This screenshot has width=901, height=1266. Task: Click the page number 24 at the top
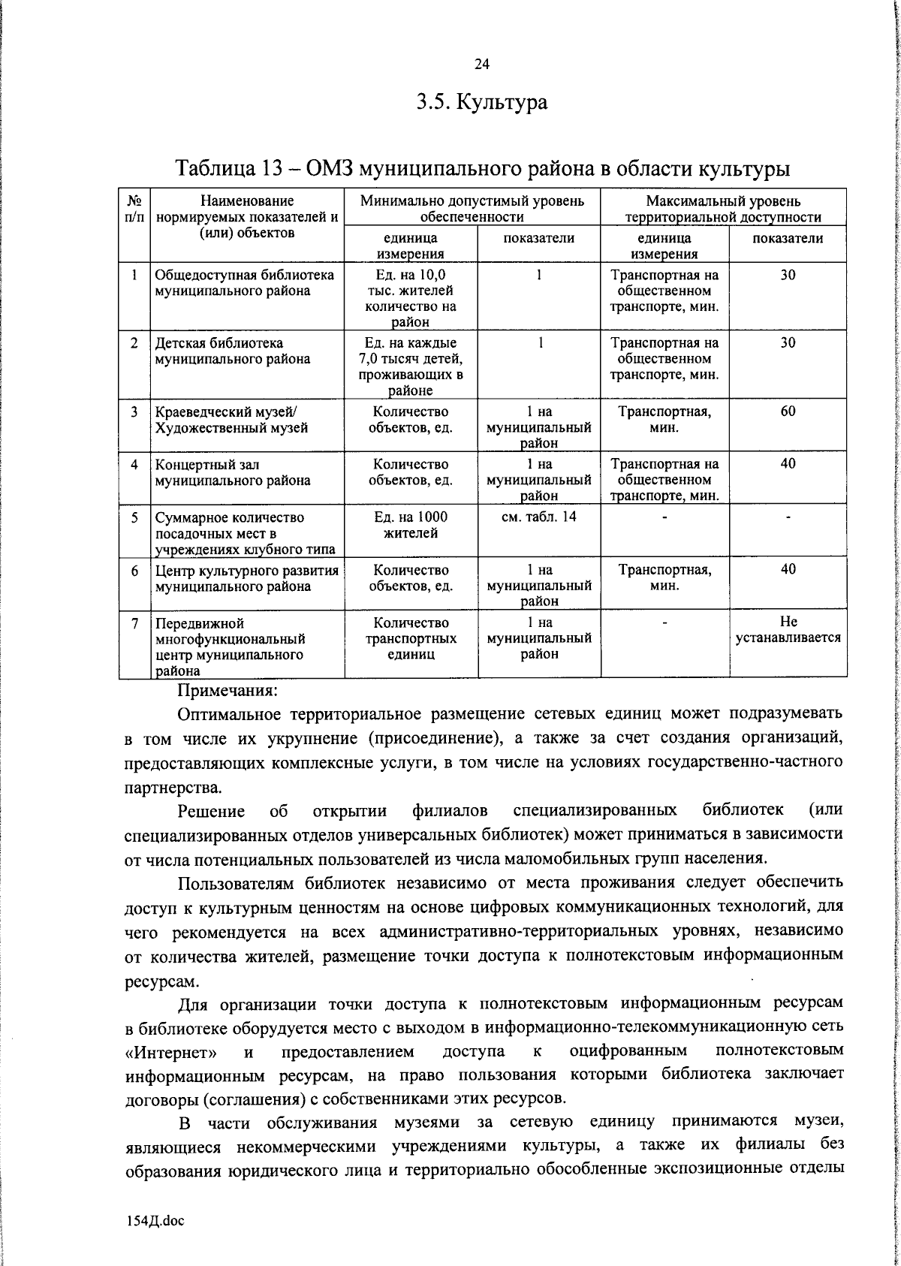click(482, 65)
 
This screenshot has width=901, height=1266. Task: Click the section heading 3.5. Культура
click(482, 101)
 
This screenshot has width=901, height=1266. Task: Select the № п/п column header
click(135, 209)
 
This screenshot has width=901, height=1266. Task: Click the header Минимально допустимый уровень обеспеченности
click(472, 209)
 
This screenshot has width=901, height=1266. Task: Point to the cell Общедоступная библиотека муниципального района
click(244, 283)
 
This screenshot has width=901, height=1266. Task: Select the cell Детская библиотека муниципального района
click(233, 351)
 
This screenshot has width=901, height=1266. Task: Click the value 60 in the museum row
click(788, 411)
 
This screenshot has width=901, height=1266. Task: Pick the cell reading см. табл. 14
click(538, 517)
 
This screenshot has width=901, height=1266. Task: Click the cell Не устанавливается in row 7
click(788, 630)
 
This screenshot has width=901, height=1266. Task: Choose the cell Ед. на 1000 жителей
click(411, 525)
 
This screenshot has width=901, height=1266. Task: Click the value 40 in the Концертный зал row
click(788, 463)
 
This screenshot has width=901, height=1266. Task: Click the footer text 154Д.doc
click(155, 1220)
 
